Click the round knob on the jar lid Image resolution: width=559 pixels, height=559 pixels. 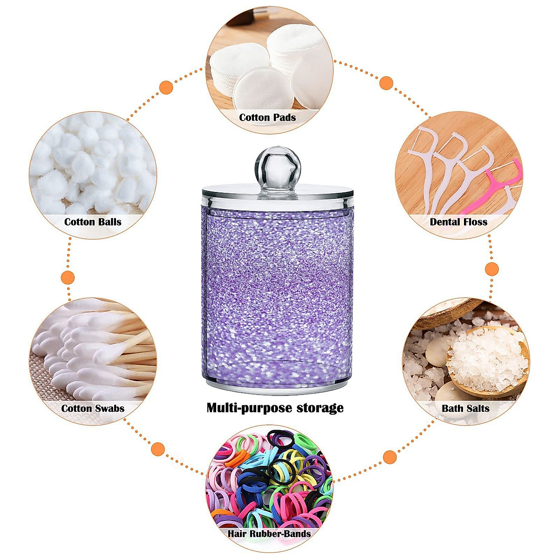click(x=275, y=165)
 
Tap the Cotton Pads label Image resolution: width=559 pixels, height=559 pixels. click(x=267, y=117)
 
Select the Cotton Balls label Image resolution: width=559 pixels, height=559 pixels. click(x=93, y=222)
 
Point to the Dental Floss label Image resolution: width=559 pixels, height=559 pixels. click(x=458, y=222)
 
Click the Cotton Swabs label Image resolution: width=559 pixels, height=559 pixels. click(x=93, y=409)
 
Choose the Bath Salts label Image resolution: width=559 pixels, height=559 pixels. click(x=465, y=409)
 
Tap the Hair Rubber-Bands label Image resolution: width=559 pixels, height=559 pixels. click(x=269, y=533)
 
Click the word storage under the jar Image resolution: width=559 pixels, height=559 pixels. click(x=315, y=408)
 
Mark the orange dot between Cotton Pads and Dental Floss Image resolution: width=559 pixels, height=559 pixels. click(x=386, y=83)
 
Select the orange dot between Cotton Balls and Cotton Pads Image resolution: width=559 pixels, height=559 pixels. click(x=166, y=87)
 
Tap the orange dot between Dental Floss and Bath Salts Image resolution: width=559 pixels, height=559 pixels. click(x=492, y=269)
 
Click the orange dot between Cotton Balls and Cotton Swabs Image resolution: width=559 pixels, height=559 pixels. click(x=68, y=278)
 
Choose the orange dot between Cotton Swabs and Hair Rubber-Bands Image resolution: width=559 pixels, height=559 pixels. click(x=158, y=450)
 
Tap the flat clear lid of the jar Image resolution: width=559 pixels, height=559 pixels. click(x=277, y=191)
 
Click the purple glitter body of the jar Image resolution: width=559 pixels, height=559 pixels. click(x=277, y=289)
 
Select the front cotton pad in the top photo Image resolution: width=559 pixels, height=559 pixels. click(x=264, y=89)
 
